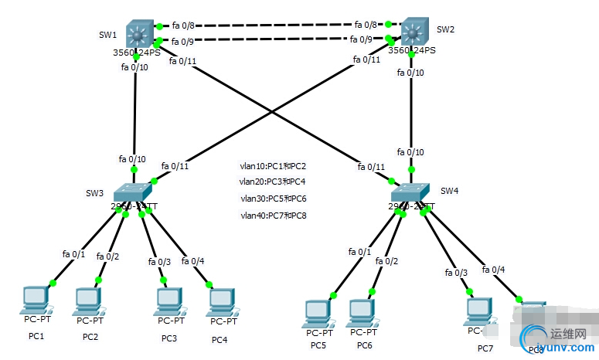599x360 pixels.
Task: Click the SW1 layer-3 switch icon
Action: tap(139, 33)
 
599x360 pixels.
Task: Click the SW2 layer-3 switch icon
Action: tap(414, 32)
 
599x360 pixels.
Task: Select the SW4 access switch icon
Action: tap(410, 193)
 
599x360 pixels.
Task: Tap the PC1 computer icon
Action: tap(36, 300)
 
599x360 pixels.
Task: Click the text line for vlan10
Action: tap(273, 166)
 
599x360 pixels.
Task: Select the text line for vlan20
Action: tap(273, 182)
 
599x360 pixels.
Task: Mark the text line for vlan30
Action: tap(273, 199)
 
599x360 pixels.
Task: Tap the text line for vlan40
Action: tap(273, 216)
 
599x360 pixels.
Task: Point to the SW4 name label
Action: tap(450, 191)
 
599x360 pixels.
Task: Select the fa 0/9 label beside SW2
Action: tap(361, 39)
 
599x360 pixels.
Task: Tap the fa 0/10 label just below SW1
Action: tap(134, 67)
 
